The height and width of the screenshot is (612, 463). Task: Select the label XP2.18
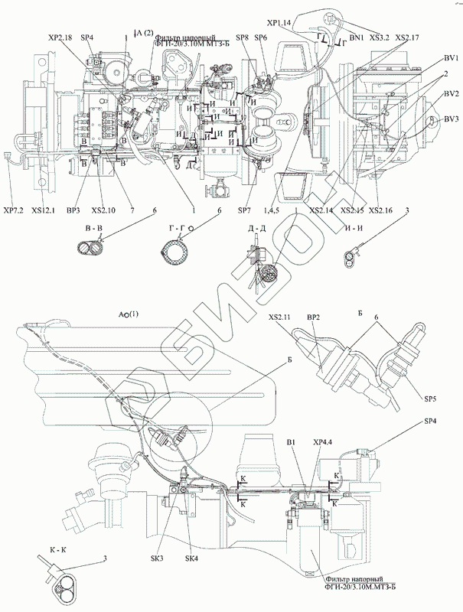tap(60, 37)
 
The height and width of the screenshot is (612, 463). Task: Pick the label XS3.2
tap(380, 36)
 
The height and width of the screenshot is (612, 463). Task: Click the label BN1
tap(357, 36)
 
